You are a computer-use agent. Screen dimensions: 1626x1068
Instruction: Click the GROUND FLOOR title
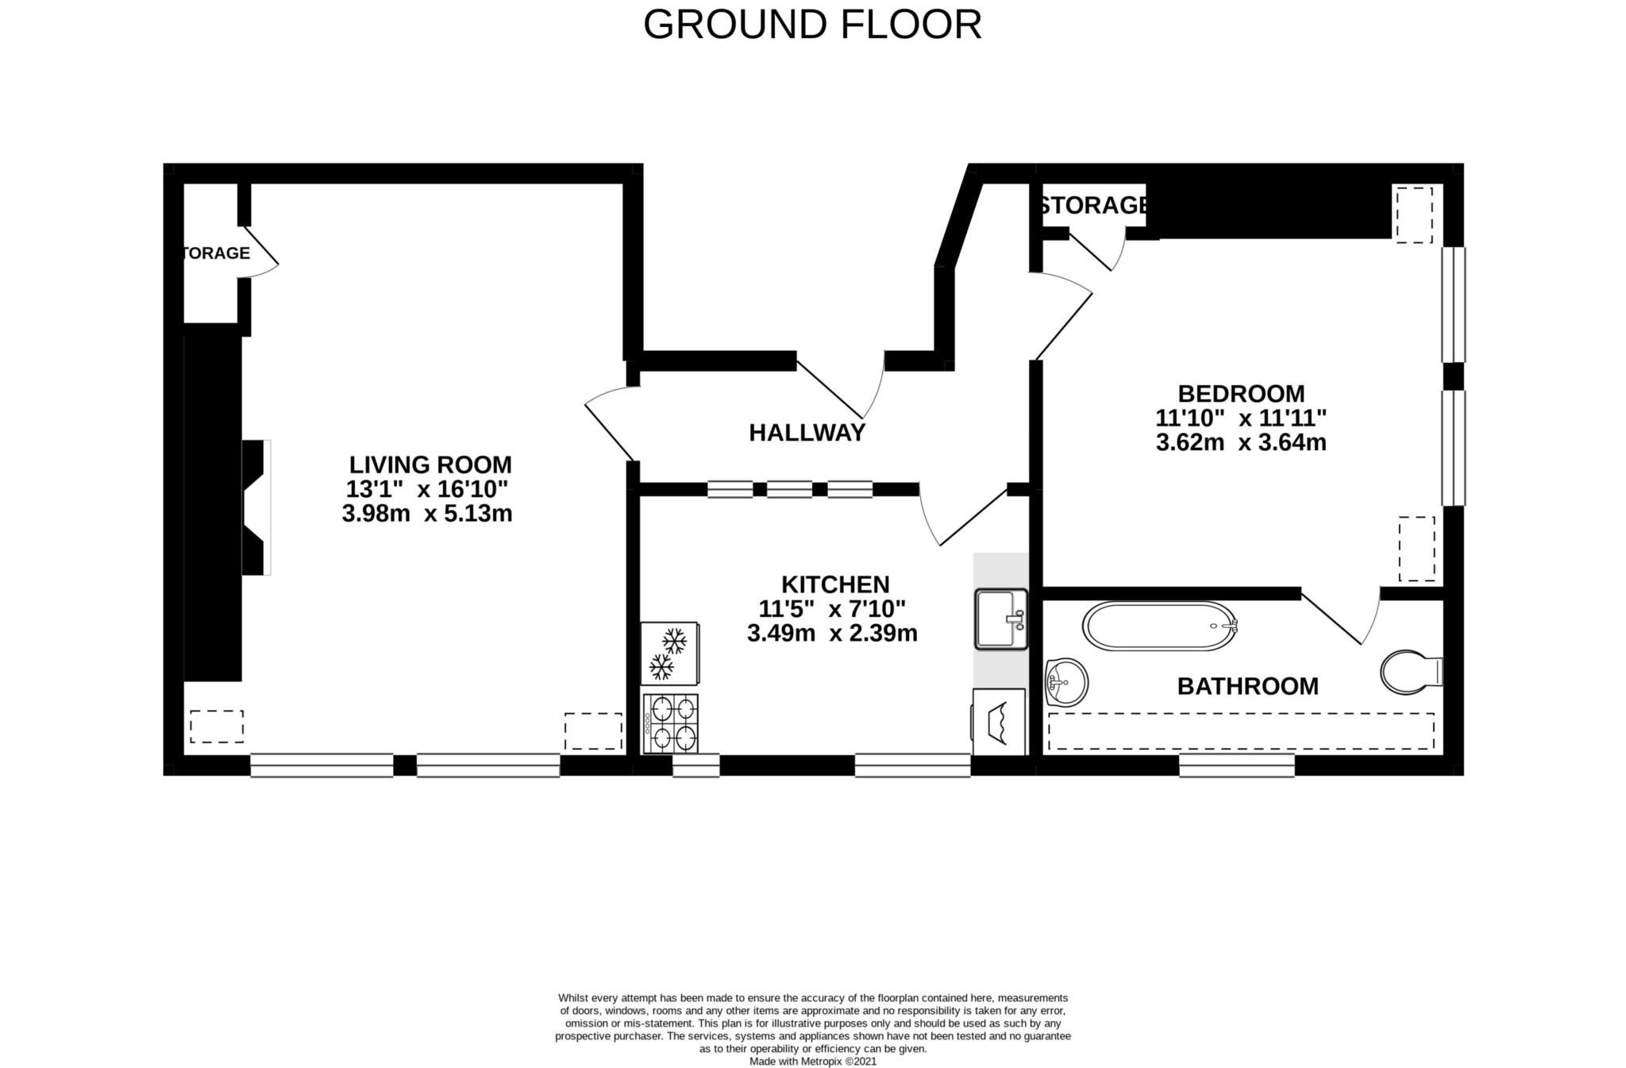(x=812, y=25)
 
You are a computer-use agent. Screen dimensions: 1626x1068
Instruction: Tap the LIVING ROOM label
(x=430, y=465)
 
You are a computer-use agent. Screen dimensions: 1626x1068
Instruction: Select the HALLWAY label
(x=807, y=433)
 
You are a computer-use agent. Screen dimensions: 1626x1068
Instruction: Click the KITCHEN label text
(x=835, y=584)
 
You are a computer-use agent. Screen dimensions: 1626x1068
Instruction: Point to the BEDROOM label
(x=1241, y=394)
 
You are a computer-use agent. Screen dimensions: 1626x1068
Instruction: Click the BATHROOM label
(x=1247, y=686)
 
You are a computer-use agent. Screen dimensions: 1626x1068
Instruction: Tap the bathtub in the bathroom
(x=1159, y=627)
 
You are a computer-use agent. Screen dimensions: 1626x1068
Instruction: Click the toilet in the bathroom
(x=1412, y=672)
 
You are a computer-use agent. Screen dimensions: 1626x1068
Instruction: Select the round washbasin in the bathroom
(x=1066, y=682)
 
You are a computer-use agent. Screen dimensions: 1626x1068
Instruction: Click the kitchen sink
(x=1001, y=619)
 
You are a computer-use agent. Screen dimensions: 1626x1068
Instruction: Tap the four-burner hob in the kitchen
(x=671, y=723)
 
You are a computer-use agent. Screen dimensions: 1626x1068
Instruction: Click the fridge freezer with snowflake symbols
(x=670, y=653)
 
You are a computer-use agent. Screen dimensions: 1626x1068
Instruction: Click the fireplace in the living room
(x=256, y=507)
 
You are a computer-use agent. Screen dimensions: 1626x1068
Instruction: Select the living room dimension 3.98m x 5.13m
(x=427, y=514)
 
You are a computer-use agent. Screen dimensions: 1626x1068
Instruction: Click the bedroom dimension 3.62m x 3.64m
(x=1241, y=442)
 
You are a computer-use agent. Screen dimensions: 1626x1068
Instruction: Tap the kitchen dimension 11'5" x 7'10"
(x=832, y=609)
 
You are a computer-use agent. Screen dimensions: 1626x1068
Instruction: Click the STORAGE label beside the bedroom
(x=1093, y=206)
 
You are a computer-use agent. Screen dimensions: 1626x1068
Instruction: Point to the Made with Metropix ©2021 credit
(x=813, y=1061)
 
